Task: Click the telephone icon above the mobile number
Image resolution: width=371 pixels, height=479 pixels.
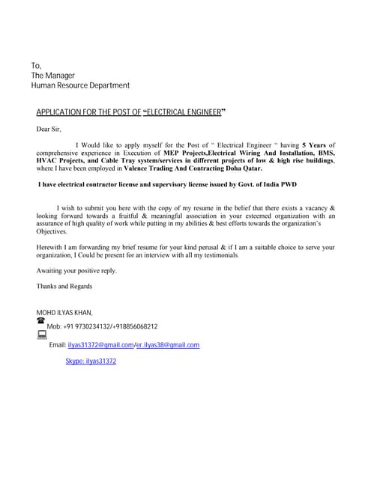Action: (40, 320)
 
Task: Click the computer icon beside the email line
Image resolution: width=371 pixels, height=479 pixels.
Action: (41, 336)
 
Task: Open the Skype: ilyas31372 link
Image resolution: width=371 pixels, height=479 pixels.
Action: (91, 361)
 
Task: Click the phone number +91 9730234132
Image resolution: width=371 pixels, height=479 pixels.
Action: (88, 327)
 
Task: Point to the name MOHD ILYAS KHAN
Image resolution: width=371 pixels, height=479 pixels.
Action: (64, 312)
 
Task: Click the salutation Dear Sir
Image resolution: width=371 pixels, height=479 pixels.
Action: (49, 129)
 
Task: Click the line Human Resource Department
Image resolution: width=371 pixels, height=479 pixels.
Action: (80, 86)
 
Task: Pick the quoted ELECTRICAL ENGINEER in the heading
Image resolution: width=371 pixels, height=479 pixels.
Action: (184, 112)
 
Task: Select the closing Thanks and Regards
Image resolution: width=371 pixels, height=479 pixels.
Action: (64, 286)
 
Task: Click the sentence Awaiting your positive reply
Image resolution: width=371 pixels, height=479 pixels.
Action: (76, 270)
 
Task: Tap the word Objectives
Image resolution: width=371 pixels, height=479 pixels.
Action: (52, 231)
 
